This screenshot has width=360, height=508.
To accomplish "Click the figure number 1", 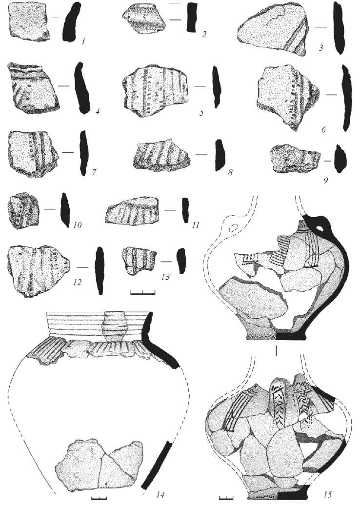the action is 83,41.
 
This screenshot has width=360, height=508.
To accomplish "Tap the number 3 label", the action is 321,49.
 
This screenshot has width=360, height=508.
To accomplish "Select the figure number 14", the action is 161,495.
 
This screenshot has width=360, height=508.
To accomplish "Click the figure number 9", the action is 325,179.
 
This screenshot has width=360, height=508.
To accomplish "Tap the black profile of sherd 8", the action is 219,155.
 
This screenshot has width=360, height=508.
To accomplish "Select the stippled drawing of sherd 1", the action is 28,21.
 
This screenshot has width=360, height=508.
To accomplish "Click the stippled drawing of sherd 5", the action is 155,89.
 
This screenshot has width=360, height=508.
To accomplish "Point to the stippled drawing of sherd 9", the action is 294,160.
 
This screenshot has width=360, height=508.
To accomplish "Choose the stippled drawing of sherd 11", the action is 132,211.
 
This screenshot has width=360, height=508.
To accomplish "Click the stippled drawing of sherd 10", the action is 23,211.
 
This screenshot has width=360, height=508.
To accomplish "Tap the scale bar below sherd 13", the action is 143,293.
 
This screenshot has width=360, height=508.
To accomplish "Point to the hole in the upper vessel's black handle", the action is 320,227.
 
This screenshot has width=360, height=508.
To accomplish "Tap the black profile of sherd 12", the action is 100,270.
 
